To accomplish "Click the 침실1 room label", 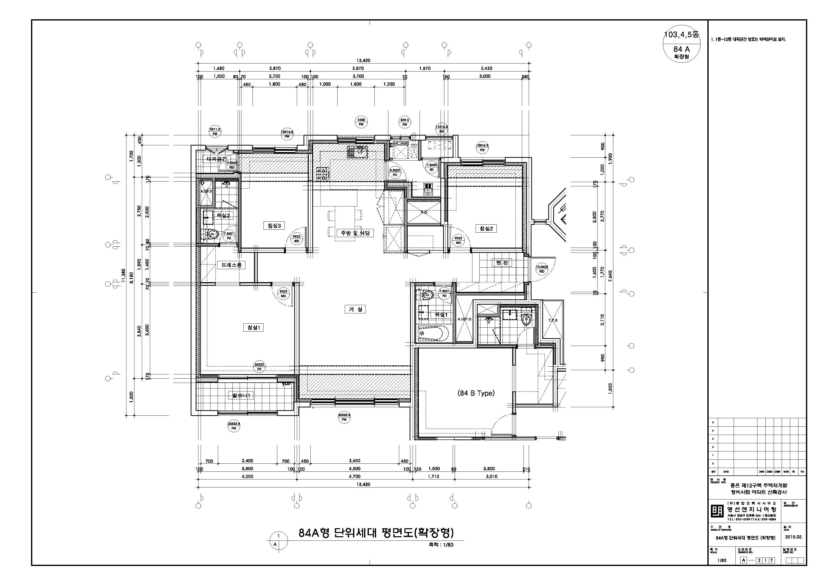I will click(253, 327).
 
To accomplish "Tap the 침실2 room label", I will click(486, 228).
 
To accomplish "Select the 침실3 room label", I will click(274, 226).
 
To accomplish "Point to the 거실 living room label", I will click(355, 309).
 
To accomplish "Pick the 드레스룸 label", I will click(231, 265).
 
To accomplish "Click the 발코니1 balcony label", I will click(241, 395).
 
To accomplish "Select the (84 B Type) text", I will click(476, 393).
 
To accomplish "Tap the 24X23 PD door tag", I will click(259, 367).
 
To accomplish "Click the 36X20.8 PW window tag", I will click(344, 417).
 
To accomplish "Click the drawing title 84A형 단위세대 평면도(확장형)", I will click(376, 532).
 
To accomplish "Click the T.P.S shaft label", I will click(553, 320).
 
